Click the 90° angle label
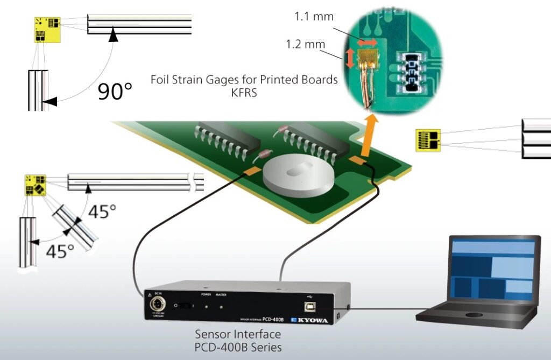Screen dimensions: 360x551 [x=115, y=91]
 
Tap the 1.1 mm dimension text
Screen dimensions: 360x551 [x=314, y=17]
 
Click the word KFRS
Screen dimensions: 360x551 [x=244, y=92]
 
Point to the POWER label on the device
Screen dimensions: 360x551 [x=206, y=295]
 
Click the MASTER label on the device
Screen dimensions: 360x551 [x=221, y=295]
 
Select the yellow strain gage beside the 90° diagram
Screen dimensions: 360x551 [x=47, y=29]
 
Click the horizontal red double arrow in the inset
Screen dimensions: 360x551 [x=369, y=41]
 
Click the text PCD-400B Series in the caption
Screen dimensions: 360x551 [x=238, y=347]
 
